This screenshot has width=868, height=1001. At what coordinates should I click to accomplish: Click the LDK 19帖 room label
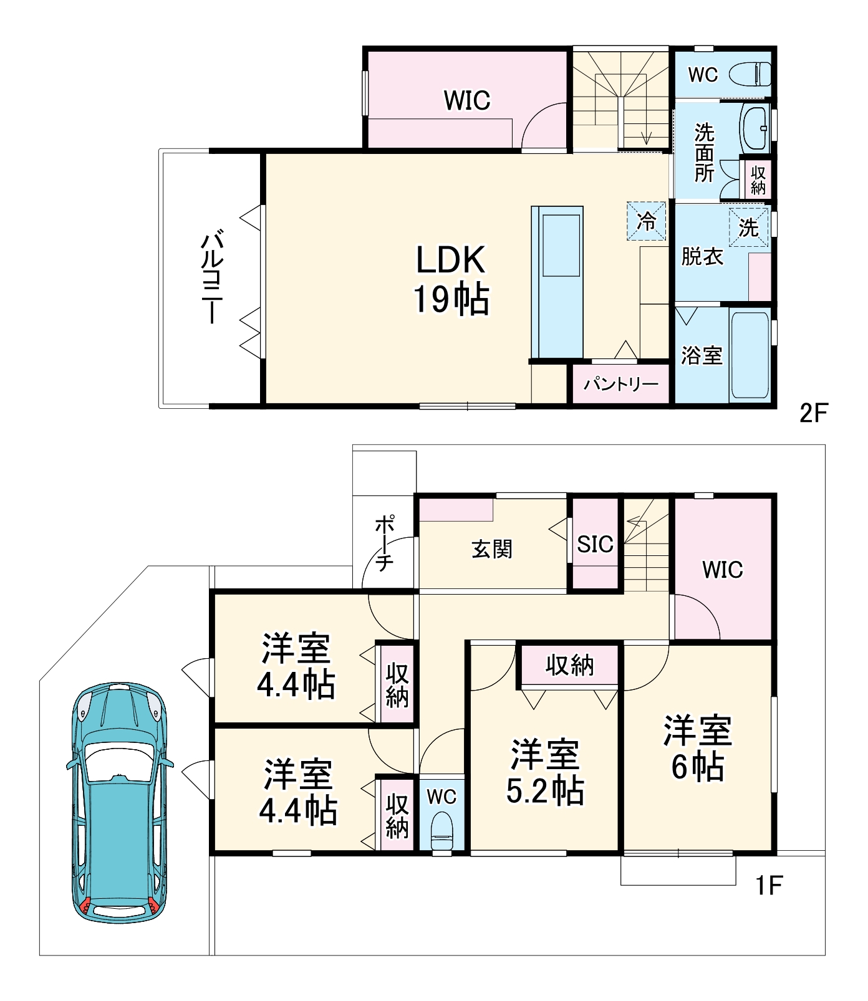coord(451,279)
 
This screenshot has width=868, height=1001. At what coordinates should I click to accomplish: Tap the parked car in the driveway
coord(119,803)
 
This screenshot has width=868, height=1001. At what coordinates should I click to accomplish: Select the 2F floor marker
coord(813,413)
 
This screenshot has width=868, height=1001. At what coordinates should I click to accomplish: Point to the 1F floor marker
coord(769,886)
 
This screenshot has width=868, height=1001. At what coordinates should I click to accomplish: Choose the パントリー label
coord(620,383)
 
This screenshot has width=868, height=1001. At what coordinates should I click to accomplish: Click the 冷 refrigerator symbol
coord(646,221)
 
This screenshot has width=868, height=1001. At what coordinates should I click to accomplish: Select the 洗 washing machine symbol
coord(748,228)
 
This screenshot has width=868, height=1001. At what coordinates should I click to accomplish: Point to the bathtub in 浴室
coord(750,355)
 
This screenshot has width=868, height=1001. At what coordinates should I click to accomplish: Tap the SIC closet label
coord(596,544)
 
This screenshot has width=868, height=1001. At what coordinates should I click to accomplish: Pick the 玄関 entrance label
coord(492,549)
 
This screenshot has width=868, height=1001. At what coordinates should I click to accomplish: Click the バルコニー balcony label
coord(213,278)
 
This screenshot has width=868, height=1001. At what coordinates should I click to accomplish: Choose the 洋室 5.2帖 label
coord(545,772)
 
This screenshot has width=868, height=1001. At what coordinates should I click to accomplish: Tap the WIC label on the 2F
coord(467,100)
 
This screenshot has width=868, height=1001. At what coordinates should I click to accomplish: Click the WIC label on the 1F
coord(723,570)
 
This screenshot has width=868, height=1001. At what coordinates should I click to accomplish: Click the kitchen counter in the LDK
coord(557,283)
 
